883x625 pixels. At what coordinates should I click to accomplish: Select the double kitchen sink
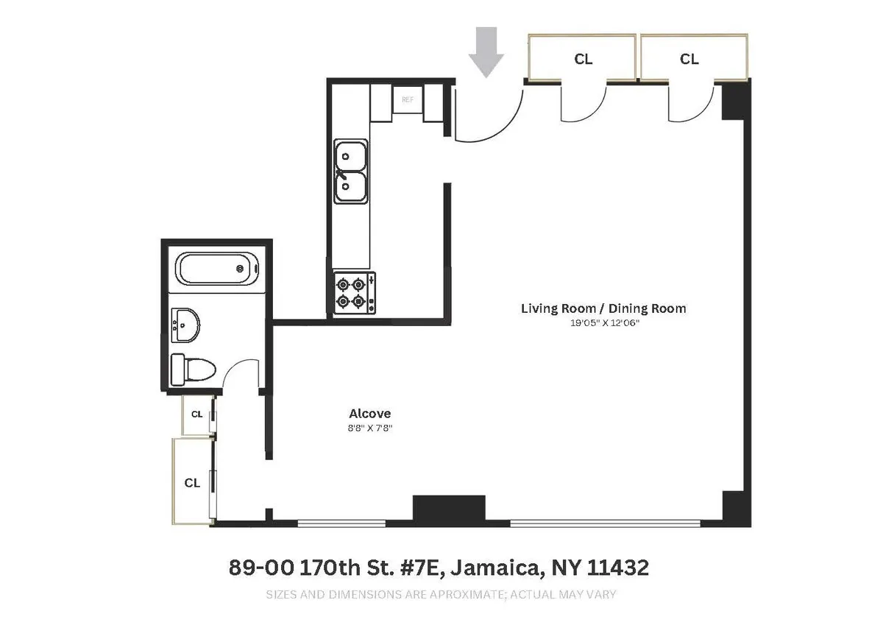(351, 172)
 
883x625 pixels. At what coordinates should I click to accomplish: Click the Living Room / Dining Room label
(603, 308)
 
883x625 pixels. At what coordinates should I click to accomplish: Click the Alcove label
(370, 414)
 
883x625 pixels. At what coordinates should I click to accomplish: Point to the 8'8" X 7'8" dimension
(370, 428)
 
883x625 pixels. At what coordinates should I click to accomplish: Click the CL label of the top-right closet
(689, 59)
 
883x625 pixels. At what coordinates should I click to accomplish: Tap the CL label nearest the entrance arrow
(583, 59)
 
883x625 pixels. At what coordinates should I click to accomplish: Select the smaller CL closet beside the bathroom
(197, 414)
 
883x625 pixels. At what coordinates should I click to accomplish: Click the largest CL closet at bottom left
(192, 483)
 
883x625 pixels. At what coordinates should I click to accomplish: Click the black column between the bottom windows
(449, 509)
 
